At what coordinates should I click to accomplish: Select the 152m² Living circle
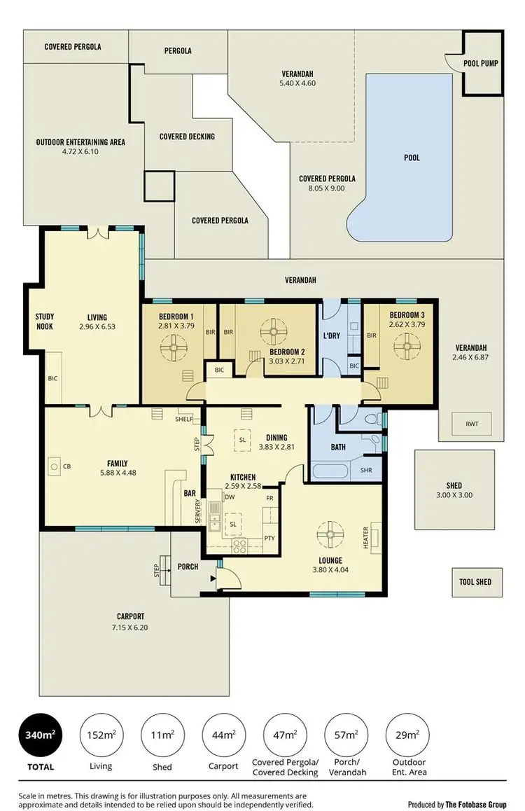101,735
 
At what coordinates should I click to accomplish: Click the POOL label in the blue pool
412,158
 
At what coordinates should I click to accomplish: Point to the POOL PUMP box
480,63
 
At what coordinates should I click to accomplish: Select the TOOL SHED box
475,581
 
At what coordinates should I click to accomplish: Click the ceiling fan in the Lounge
328,534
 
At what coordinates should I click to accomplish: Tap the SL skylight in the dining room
242,440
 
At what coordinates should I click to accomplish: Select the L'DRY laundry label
331,335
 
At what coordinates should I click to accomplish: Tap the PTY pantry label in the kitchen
269,538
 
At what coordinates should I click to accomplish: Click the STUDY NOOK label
45,321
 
